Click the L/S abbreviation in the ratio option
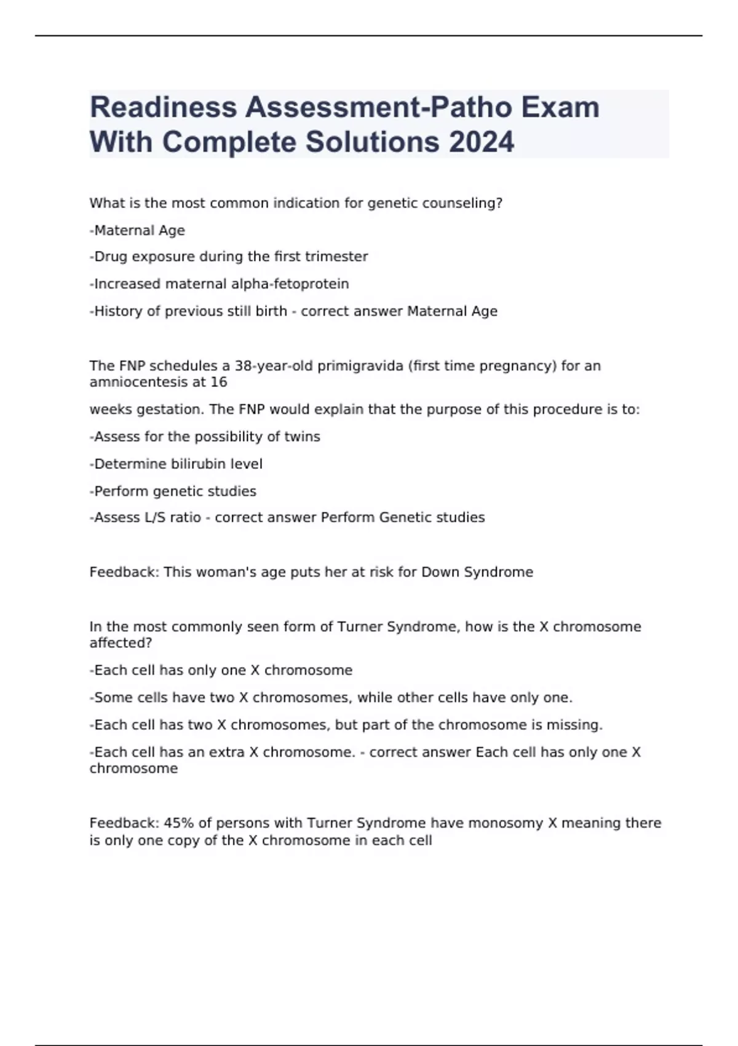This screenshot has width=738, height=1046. point(155,517)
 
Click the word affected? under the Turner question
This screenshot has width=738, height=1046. point(121,643)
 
